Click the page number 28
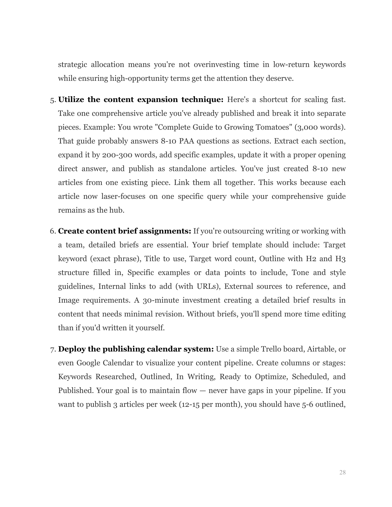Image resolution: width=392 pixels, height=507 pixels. point(343,472)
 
